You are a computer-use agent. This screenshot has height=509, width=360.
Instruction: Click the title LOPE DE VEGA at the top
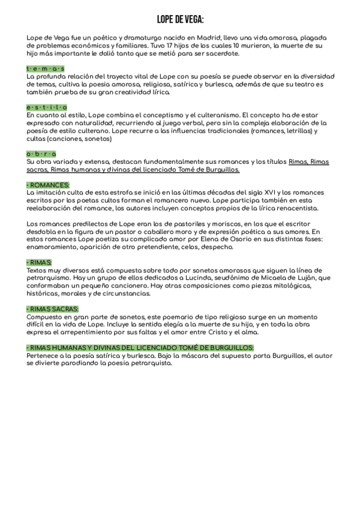pos(180,20)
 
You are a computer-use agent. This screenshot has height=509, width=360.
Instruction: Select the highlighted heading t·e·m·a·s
pos(46,69)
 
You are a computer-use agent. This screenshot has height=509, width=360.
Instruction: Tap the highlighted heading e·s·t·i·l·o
pos(47,107)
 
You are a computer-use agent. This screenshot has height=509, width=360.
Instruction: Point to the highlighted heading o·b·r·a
pos(41,154)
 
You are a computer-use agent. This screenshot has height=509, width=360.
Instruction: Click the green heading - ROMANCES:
pos(48,185)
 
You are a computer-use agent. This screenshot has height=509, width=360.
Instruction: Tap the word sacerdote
pos(223,54)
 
